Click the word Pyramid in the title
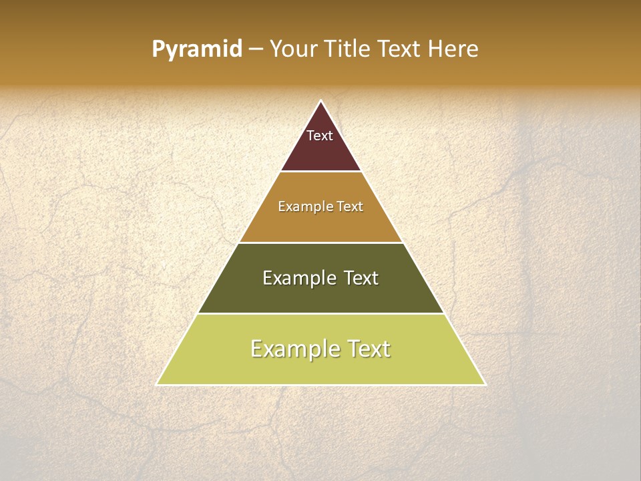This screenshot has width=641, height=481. coord(196,49)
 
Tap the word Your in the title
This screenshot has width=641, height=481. coord(294,49)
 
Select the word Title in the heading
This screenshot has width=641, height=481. coord(347,49)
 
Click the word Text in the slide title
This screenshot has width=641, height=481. coord(399,49)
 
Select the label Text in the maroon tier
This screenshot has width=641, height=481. coord(320,136)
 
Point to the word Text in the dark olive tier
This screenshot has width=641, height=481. coord(361,278)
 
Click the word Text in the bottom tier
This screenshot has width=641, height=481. coord(369,349)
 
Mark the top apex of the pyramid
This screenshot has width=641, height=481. coord(321,101)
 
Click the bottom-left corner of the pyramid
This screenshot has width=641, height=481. coord(157,384)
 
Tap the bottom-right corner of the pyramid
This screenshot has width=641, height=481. coord(485,384)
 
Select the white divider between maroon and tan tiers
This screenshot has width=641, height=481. coord(321,172)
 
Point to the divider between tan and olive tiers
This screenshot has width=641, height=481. coord(321,243)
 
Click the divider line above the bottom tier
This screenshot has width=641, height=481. coord(321,313)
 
